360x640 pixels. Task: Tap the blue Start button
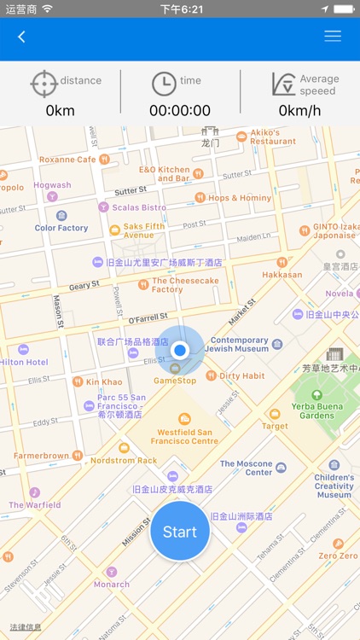[x=180, y=532]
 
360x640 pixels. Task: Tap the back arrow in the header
[x=22, y=37]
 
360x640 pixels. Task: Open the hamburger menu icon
[x=333, y=37]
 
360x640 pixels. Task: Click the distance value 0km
[x=61, y=111]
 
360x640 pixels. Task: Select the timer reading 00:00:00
[x=180, y=111]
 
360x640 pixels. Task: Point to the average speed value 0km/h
[x=299, y=111]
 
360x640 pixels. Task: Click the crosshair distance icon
[x=44, y=84]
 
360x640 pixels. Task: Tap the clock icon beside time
[x=164, y=84]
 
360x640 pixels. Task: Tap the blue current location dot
[x=180, y=350]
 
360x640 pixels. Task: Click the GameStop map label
[x=174, y=381]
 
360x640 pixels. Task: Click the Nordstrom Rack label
[x=124, y=461]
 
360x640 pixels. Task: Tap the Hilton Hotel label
[x=24, y=362]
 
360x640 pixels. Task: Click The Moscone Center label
[x=247, y=468]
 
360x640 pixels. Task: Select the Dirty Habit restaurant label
[x=241, y=375]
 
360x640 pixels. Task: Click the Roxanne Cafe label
[x=68, y=160]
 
